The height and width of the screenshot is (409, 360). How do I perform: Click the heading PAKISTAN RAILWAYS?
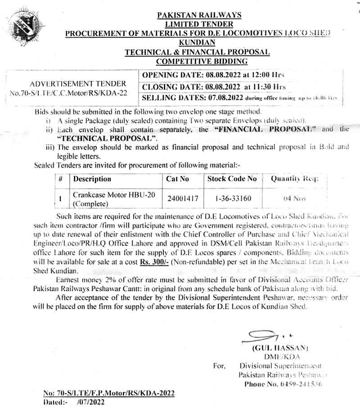199,15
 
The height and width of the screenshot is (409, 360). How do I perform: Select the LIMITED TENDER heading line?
199,24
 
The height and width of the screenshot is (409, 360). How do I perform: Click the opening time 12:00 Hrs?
268,75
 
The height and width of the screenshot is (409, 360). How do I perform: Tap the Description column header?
92,179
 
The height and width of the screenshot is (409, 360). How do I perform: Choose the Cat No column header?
178,179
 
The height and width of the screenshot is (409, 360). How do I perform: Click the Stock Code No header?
232,179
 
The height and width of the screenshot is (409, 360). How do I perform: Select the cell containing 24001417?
179,198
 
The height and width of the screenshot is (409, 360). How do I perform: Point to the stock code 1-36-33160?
233,198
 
